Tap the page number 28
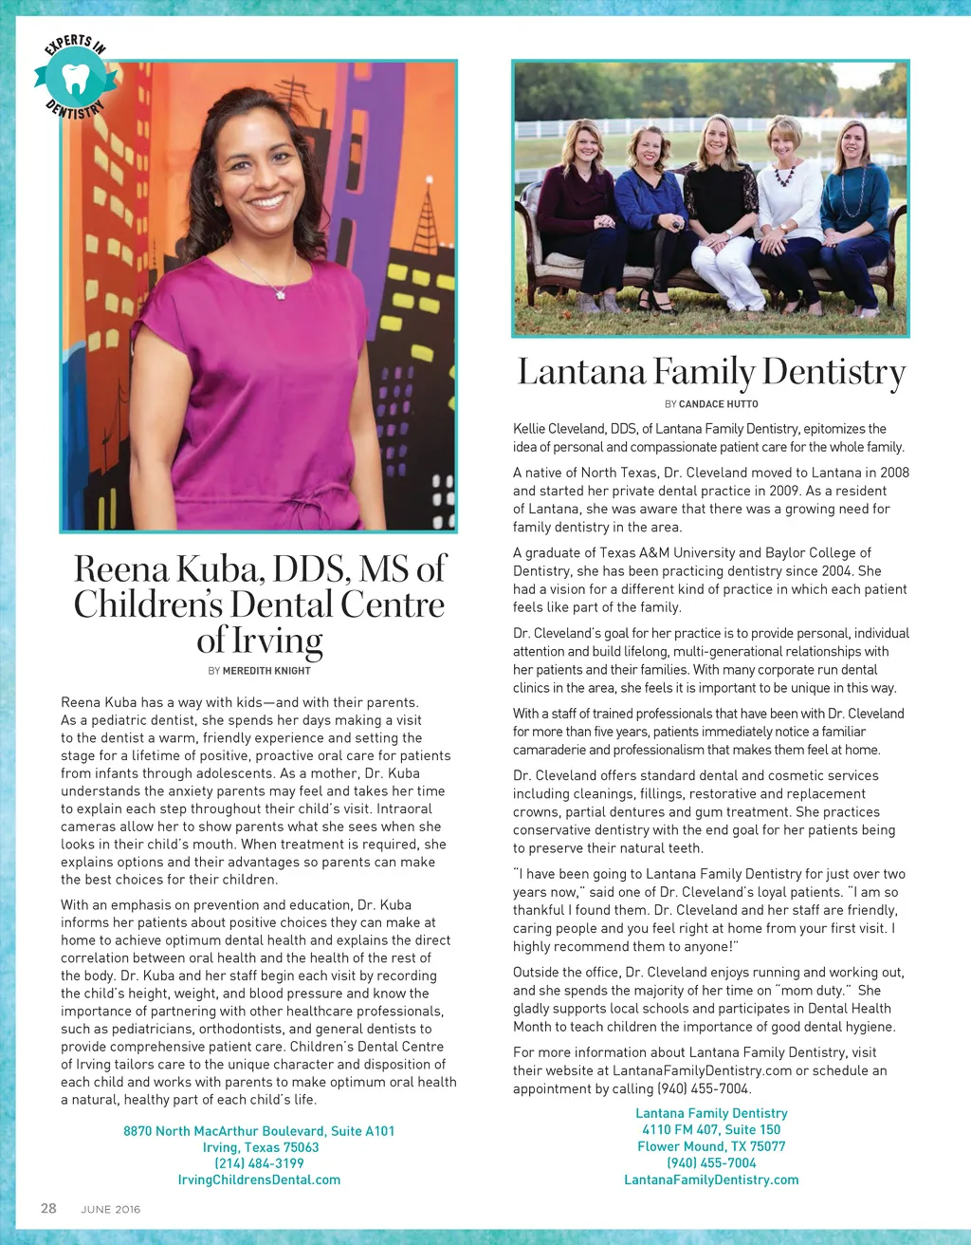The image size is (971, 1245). click(48, 1208)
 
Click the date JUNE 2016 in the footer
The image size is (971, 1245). click(111, 1209)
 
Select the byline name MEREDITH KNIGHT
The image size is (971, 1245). click(266, 671)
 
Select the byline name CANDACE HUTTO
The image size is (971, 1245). click(719, 404)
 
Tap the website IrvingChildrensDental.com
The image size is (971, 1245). click(259, 1180)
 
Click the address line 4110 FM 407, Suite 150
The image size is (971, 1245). click(711, 1129)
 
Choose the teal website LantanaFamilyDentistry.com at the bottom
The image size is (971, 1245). click(711, 1180)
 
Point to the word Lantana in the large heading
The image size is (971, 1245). click(581, 372)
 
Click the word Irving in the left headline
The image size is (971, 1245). click(278, 641)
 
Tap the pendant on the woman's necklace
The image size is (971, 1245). click(281, 294)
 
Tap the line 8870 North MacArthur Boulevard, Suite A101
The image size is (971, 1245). click(259, 1131)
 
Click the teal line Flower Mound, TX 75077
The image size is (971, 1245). click(711, 1146)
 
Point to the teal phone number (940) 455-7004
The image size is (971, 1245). click(711, 1162)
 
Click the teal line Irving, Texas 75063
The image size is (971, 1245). click(261, 1147)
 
